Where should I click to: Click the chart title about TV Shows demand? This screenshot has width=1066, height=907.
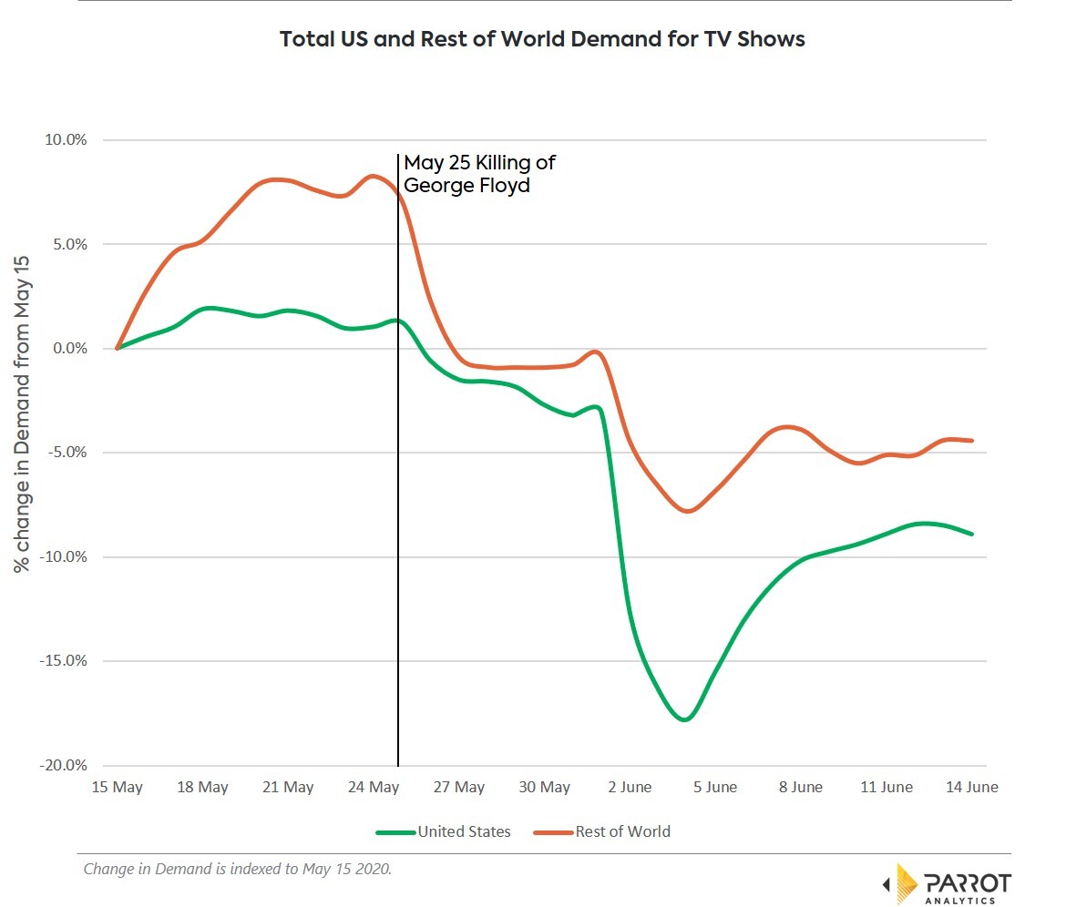[541, 40]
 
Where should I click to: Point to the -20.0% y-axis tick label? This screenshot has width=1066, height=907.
[64, 766]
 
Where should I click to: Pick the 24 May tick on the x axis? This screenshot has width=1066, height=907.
[373, 787]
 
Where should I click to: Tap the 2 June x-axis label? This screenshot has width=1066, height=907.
[630, 787]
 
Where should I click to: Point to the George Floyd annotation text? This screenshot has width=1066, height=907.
[479, 174]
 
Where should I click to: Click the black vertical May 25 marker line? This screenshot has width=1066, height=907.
[398, 546]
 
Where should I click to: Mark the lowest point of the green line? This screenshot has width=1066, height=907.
[684, 719]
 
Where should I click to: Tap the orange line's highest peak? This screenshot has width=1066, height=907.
[373, 176]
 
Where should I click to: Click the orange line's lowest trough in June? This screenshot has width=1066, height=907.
[686, 511]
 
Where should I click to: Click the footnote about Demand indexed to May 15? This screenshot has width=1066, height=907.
[237, 869]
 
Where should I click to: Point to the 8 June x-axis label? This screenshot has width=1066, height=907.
[801, 787]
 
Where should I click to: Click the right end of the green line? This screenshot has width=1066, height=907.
[972, 534]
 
